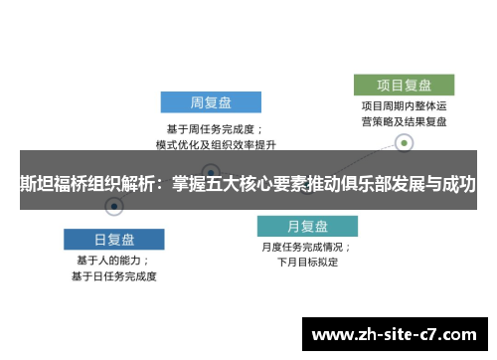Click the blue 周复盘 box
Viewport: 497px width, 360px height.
point(211,102)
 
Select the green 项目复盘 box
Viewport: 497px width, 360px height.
point(405,85)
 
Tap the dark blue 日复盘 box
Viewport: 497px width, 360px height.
point(114,239)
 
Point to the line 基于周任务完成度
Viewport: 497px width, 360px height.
point(212,128)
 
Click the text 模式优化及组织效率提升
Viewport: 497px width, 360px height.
point(212,144)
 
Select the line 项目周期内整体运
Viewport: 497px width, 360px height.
point(404,105)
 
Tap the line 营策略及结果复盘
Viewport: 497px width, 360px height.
point(404,121)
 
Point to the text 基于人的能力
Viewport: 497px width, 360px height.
point(113,260)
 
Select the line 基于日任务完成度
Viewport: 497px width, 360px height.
point(113,275)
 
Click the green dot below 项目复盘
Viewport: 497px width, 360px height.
point(405,143)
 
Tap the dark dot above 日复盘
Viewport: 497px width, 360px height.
point(114,207)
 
